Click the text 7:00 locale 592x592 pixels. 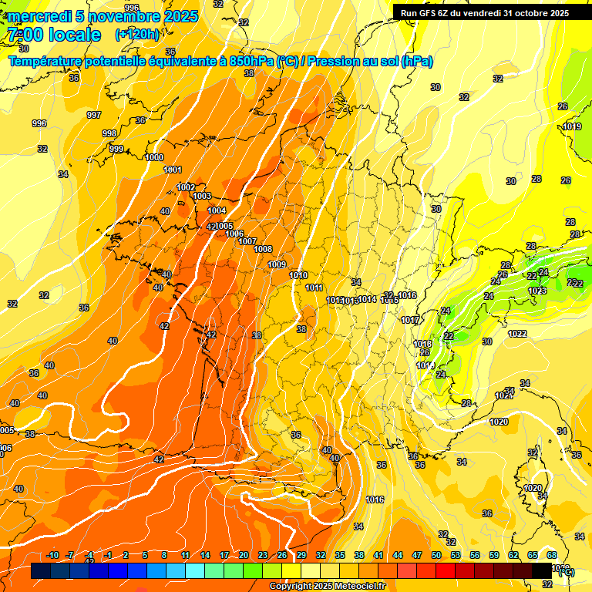tap(53, 35)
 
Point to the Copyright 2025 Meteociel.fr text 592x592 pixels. tap(328, 586)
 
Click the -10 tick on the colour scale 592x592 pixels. tap(52, 555)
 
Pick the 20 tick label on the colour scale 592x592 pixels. tap(244, 555)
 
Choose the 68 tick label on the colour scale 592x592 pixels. tap(552, 555)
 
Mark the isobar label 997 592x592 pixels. tap(94, 115)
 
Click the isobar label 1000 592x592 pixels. tap(154, 157)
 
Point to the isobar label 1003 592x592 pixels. tap(202, 197)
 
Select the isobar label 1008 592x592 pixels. tap(263, 249)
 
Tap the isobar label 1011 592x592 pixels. tap(314, 288)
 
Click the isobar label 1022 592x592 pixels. tap(517, 334)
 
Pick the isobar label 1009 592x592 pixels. tap(277, 264)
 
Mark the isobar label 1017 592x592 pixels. tap(410, 320)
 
